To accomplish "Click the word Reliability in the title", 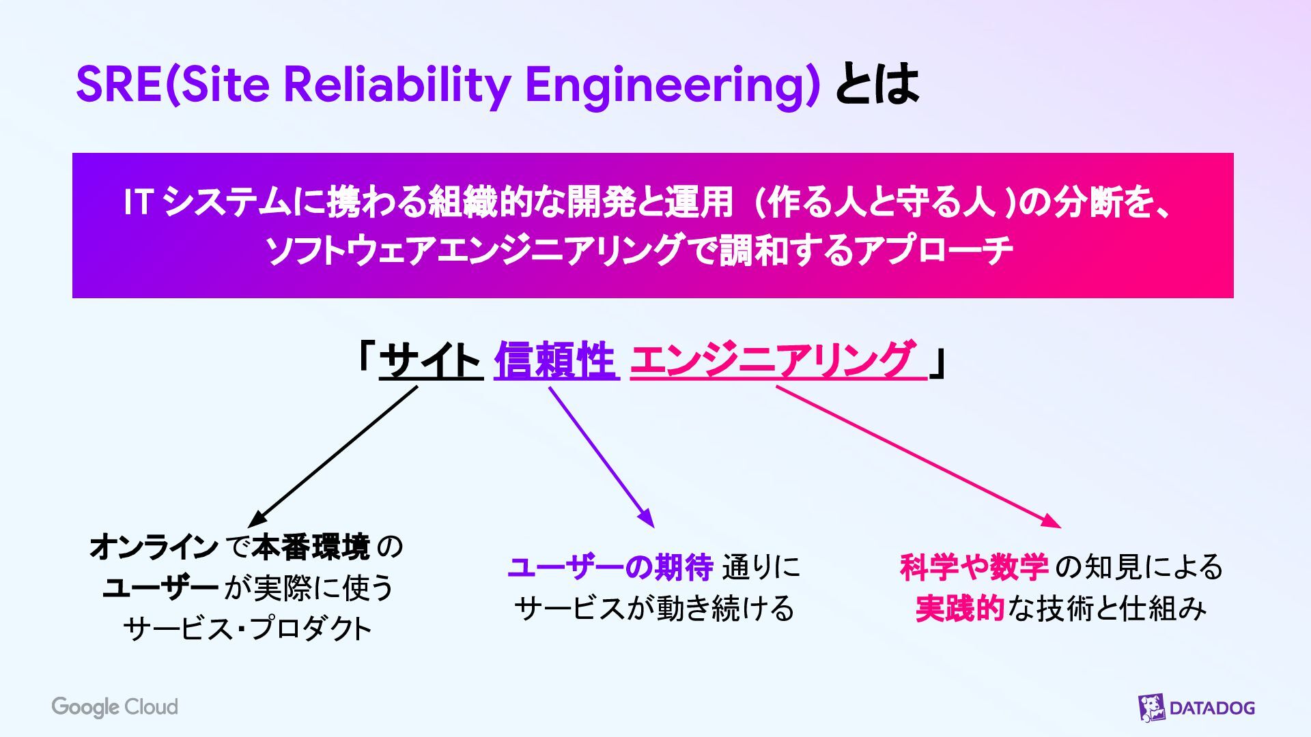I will click(397, 85).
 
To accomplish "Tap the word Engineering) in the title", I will click(672, 86).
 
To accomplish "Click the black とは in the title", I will click(877, 85).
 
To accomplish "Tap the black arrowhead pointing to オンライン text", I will click(257, 519).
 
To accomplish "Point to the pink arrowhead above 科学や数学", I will click(1052, 522).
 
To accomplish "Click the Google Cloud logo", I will click(115, 707).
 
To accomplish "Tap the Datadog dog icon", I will click(1151, 708).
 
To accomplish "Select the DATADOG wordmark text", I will click(1212, 708).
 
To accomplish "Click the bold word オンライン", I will click(154, 547).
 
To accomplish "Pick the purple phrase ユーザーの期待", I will click(610, 568).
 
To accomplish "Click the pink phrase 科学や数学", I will click(974, 568).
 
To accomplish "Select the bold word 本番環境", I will click(311, 547).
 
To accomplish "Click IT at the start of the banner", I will click(137, 203).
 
